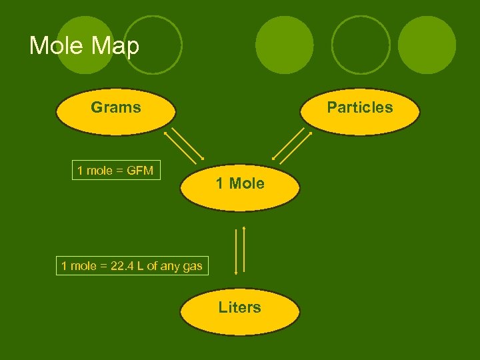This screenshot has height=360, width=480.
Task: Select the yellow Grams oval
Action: (x=116, y=113)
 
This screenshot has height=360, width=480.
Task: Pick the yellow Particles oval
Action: (x=360, y=113)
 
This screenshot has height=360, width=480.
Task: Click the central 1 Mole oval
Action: (x=240, y=187)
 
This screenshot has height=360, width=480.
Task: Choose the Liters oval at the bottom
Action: (x=240, y=311)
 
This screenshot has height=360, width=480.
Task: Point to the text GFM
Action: (x=139, y=171)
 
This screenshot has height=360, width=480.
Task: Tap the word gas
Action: (x=192, y=266)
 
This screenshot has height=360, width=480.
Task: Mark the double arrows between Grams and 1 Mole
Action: (x=185, y=145)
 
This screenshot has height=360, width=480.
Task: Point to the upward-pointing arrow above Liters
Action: (x=245, y=250)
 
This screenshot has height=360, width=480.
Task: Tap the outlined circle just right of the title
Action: (x=153, y=45)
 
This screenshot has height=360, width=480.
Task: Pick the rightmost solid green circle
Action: (x=427, y=45)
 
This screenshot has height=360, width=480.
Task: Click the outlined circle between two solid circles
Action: (x=361, y=45)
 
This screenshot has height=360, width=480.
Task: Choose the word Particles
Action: (x=360, y=107)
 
